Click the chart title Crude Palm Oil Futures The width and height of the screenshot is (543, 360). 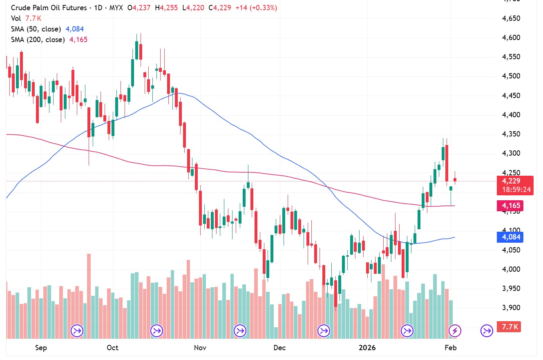[49, 8]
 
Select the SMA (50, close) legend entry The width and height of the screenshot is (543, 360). [36, 29]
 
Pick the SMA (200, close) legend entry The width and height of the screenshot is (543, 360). [38, 40]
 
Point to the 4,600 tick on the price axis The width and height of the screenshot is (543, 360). [511, 38]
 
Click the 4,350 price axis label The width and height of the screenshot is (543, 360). [511, 134]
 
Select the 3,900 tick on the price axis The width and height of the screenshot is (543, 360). [511, 308]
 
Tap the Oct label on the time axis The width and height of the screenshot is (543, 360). [112, 348]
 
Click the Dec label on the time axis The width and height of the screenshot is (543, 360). [279, 348]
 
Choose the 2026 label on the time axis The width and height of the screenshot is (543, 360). [367, 348]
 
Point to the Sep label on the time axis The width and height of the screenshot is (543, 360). [41, 348]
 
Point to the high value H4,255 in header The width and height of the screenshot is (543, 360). [166, 8]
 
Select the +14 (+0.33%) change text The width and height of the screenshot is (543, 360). [256, 8]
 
